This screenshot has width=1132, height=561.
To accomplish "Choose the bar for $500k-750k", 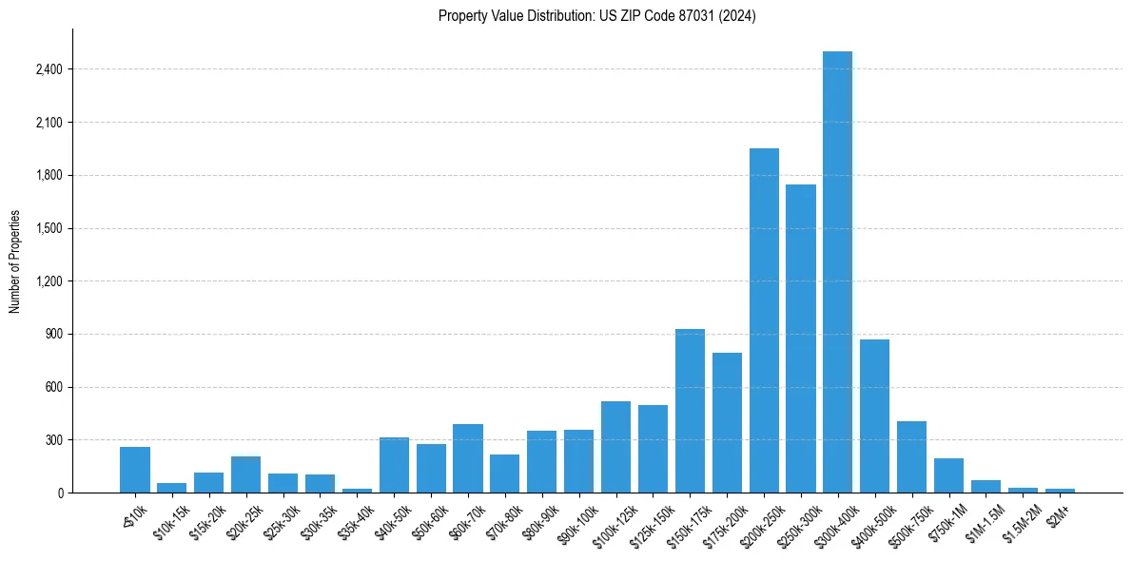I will pyautogui.click(x=911, y=456).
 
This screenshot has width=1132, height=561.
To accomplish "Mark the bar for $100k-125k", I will pyautogui.click(x=615, y=447).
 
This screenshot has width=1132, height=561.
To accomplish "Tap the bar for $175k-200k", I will pyautogui.click(x=727, y=422).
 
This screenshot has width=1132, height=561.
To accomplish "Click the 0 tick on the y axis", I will pyautogui.click(x=60, y=493).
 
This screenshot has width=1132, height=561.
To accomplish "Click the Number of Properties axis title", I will pyautogui.click(x=14, y=261).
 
